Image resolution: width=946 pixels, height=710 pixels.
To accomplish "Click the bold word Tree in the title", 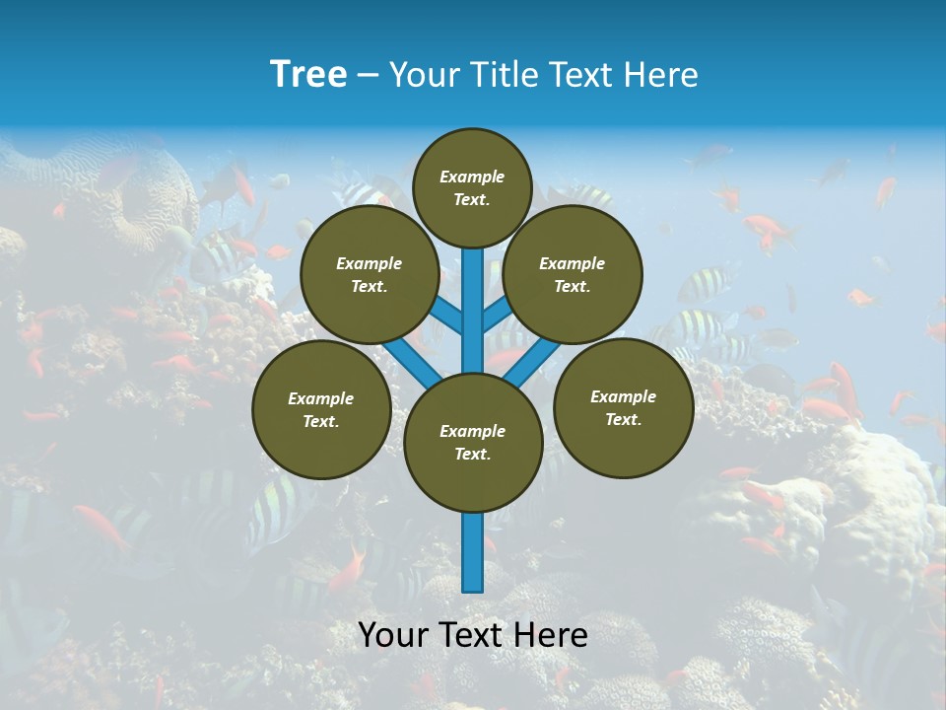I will pyautogui.click(x=308, y=74).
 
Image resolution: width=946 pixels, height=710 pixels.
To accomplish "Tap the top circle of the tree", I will pyautogui.click(x=472, y=187).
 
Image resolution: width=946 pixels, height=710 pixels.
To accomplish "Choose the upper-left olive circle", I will pyautogui.click(x=370, y=275).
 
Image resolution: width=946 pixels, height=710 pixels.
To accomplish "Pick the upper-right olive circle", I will pyautogui.click(x=573, y=275).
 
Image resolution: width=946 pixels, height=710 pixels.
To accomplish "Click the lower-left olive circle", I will pyautogui.click(x=321, y=409).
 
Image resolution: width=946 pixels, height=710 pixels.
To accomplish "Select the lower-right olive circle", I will pyautogui.click(x=623, y=407).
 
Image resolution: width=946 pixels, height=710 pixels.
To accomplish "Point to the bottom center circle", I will pyautogui.click(x=473, y=443).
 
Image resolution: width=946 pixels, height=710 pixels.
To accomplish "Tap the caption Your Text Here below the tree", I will pyautogui.click(x=473, y=635).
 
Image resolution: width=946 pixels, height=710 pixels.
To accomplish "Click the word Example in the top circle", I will pyautogui.click(x=472, y=177).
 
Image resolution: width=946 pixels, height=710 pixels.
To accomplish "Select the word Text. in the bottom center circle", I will pyautogui.click(x=472, y=455).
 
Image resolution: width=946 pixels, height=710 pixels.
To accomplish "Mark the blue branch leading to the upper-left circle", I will pyautogui.click(x=445, y=315).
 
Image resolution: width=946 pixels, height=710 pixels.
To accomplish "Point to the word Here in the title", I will pyautogui.click(x=664, y=75).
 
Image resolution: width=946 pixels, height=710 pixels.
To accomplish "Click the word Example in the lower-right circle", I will pyautogui.click(x=623, y=396).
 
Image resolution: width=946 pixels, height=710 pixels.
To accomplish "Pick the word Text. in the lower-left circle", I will pyautogui.click(x=321, y=422).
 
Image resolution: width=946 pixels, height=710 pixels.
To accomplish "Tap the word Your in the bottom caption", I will pyautogui.click(x=392, y=635).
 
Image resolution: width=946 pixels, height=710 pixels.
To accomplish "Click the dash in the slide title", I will pyautogui.click(x=368, y=75).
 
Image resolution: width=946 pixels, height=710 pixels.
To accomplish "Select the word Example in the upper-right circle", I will pyautogui.click(x=573, y=263).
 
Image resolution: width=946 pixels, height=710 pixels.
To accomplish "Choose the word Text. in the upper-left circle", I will pyautogui.click(x=370, y=287).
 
